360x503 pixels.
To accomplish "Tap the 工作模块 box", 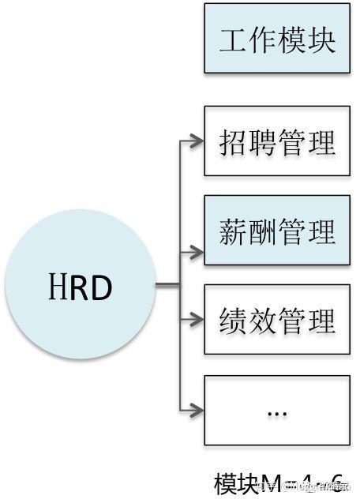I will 277,39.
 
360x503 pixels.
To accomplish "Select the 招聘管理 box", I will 277,142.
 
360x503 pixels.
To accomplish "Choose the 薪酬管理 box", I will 277,231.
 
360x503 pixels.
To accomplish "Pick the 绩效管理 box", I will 277,320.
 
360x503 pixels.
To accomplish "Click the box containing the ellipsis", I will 277,409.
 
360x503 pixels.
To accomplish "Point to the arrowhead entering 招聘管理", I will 196,142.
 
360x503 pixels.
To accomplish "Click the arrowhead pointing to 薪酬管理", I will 196,253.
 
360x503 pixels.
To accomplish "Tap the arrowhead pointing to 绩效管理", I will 196,320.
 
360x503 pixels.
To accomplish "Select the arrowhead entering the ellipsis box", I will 196,409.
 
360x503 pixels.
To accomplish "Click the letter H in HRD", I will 53,289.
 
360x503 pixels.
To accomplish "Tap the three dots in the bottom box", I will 277,413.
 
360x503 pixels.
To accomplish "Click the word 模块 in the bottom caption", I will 234,483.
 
